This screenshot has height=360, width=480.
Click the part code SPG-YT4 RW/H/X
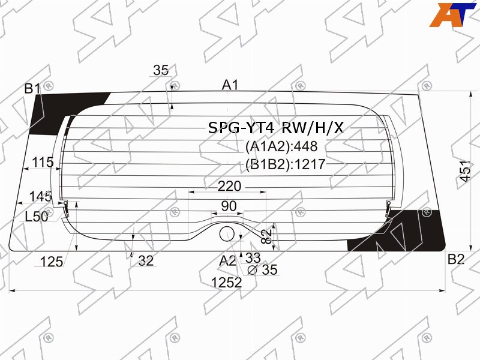point(276,128)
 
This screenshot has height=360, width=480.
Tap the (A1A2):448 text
point(281,146)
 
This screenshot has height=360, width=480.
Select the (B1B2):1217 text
point(286,164)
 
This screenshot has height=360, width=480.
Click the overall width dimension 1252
point(227,282)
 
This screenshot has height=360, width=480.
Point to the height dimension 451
point(466,171)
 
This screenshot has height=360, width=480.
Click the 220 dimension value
point(229,186)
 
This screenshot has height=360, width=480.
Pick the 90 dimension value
point(229,206)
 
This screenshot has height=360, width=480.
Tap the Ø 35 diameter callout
point(262,269)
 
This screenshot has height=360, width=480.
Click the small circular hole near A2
point(227,234)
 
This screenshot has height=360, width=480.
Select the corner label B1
point(32,89)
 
